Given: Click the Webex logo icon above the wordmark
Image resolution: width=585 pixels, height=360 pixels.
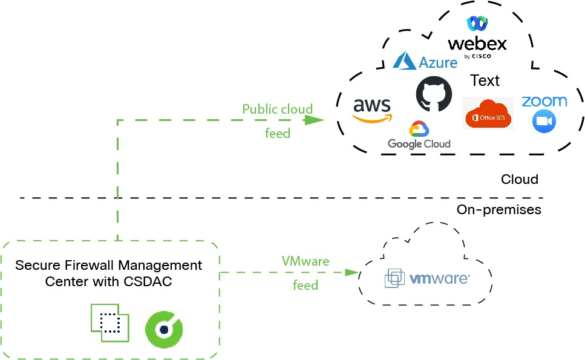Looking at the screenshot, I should click(477, 24).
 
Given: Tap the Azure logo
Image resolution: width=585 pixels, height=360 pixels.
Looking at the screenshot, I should click(425, 61).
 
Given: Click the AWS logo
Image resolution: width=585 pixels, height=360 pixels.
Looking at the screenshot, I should click(373, 110).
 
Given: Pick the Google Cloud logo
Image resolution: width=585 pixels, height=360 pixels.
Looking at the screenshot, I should click(419, 136).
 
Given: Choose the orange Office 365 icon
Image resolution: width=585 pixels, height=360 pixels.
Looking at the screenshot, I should click(488, 113).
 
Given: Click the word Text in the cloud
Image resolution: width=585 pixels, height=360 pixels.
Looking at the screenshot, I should click(485, 80).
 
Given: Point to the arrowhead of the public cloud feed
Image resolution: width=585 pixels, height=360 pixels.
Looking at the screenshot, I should click(314, 120).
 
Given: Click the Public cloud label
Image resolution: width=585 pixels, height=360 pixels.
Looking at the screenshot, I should click(278, 110).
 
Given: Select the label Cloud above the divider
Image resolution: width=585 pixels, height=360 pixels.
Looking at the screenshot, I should click(520, 180).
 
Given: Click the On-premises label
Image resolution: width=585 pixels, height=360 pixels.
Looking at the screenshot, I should click(499, 210).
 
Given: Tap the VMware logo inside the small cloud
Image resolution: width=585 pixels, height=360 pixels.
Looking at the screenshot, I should click(427, 279).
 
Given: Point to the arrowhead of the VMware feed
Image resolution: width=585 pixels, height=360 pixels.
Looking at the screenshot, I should click(351, 272).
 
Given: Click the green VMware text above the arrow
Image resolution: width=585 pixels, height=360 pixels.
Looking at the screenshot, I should click(306, 261).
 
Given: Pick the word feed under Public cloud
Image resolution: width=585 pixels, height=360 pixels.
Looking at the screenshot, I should click(278, 133).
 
